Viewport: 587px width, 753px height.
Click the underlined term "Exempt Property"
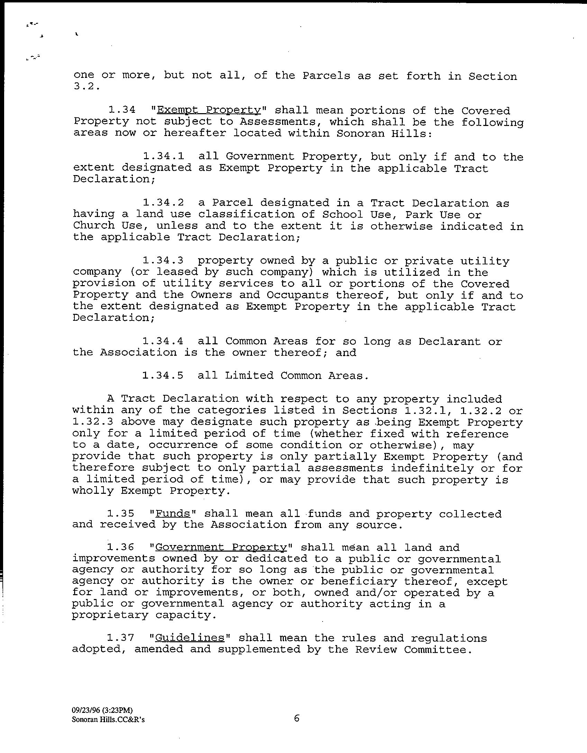209,110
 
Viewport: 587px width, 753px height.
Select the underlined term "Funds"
173,514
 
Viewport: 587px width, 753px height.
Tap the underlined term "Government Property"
221,547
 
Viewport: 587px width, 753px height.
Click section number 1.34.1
163,157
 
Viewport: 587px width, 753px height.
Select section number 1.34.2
163,203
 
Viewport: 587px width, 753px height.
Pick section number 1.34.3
163,261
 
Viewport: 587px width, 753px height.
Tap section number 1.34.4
163,342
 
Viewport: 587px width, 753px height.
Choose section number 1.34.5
163,375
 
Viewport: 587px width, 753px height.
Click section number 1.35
120,514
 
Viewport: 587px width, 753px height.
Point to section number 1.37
120,638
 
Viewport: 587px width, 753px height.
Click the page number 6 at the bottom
297,718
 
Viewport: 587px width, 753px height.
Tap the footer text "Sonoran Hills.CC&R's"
108,720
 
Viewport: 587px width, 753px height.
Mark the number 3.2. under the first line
87,87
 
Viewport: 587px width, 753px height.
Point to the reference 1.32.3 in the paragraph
93,422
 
